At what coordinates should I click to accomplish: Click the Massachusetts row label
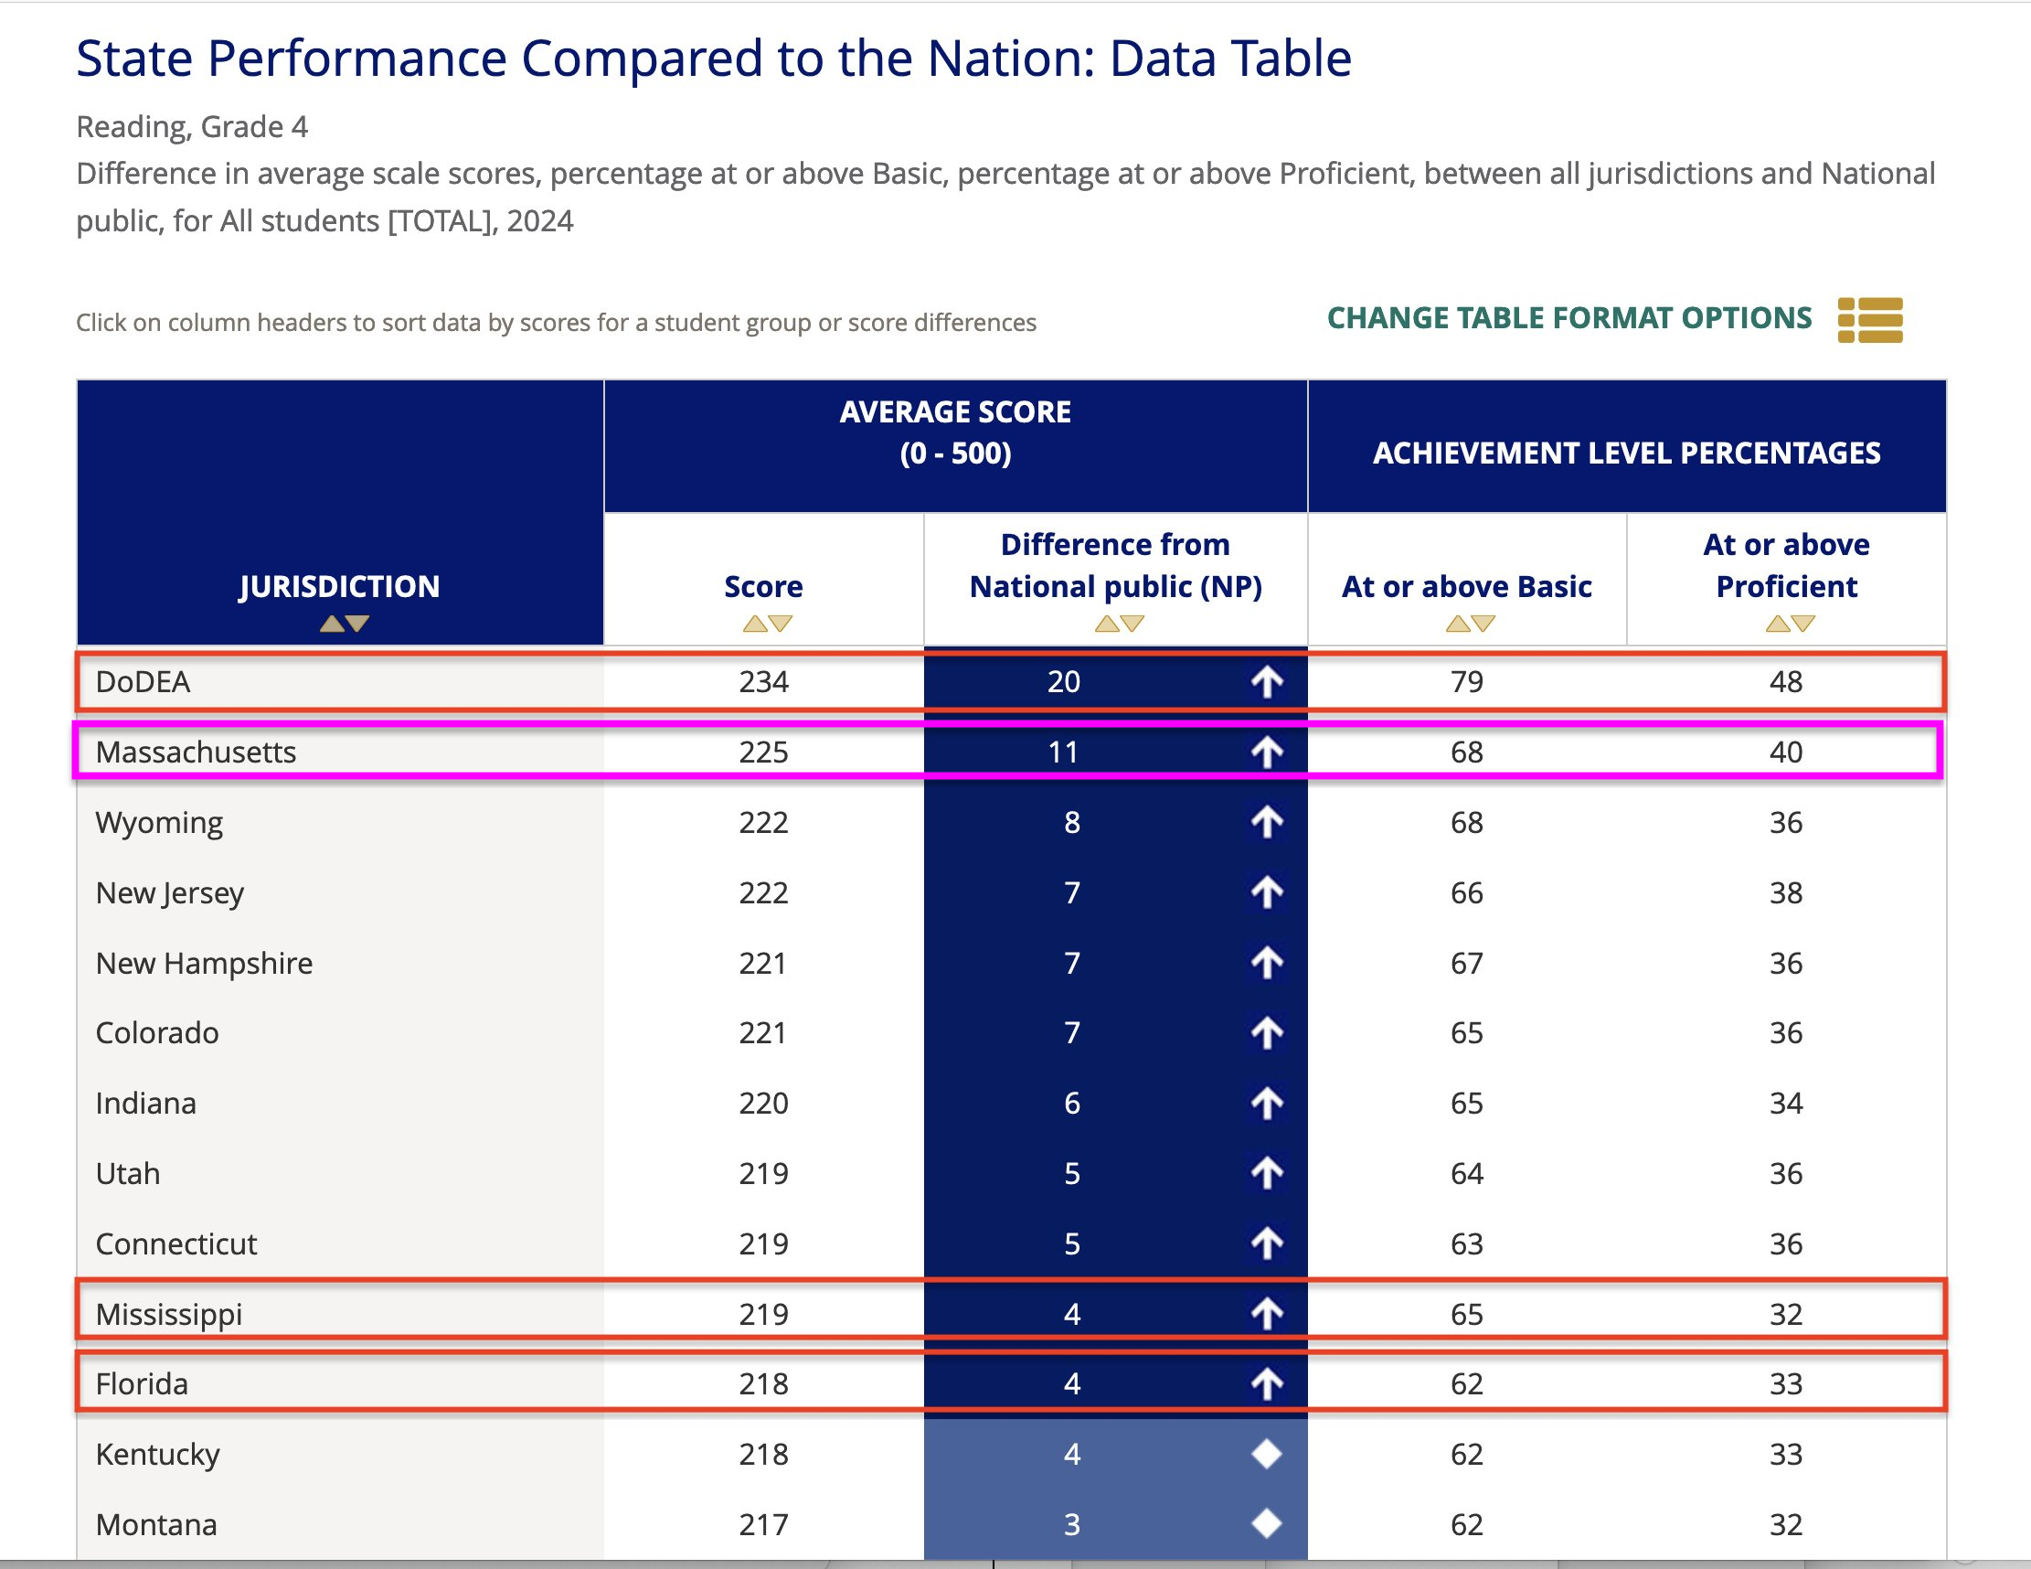(196, 752)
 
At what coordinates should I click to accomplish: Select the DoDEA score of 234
(763, 682)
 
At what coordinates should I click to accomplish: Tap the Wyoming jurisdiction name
(159, 822)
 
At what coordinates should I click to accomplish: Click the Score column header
(763, 587)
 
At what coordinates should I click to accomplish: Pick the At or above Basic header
(1466, 587)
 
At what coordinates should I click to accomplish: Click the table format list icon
(1870, 320)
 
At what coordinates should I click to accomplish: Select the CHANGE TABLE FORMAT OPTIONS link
(1568, 319)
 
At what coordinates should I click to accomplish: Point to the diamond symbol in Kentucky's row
(1267, 1454)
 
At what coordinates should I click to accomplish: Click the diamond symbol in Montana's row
(1267, 1523)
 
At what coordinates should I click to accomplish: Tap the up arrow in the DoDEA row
(1267, 682)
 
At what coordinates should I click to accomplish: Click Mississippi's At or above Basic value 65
(1466, 1314)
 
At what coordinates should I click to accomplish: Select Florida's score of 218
(763, 1384)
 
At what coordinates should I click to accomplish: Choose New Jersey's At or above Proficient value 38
(1785, 893)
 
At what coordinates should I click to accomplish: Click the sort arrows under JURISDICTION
(344, 624)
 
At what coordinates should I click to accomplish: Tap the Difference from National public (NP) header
(1116, 565)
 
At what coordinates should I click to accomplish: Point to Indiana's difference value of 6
(1072, 1103)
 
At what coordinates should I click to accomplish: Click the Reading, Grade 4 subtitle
(192, 126)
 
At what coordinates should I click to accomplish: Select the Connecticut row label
(175, 1243)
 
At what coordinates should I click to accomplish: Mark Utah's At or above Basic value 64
(1466, 1174)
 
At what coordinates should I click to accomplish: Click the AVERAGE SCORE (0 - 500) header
(955, 432)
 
